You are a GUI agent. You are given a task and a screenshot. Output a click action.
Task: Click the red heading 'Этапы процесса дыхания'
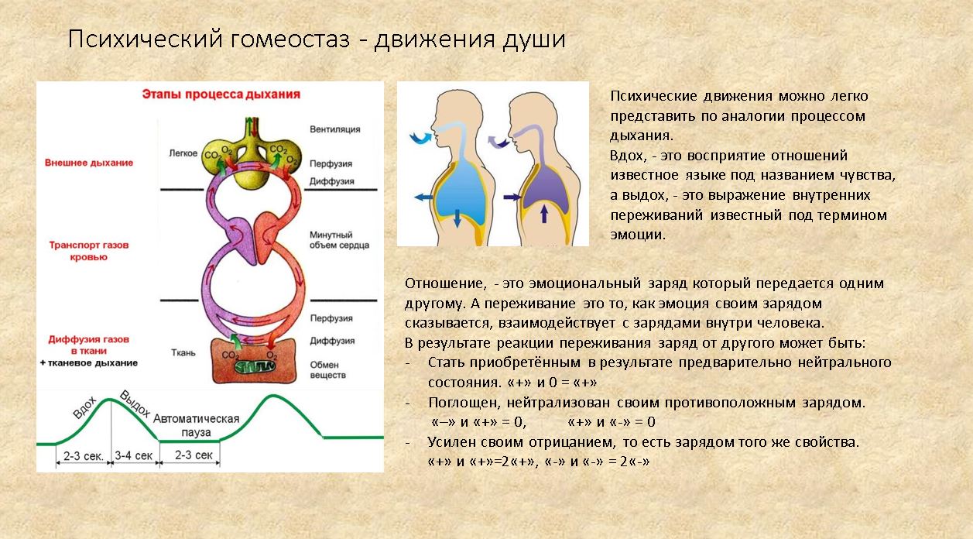pyautogui.click(x=221, y=94)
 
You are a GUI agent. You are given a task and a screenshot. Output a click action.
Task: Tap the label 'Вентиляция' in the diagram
pyautogui.click(x=334, y=129)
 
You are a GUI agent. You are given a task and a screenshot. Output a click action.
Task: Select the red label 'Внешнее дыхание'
pyautogui.click(x=89, y=163)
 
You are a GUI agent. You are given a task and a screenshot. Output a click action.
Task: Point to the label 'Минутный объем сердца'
pyautogui.click(x=339, y=240)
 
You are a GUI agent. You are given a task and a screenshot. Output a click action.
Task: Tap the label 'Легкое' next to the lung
pyautogui.click(x=183, y=153)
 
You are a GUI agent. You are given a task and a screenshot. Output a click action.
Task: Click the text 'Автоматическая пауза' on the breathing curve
pyautogui.click(x=197, y=424)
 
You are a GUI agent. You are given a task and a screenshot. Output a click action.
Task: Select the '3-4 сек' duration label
pyautogui.click(x=134, y=455)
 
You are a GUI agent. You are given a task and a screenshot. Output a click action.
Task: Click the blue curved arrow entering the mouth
pyautogui.click(x=422, y=138)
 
